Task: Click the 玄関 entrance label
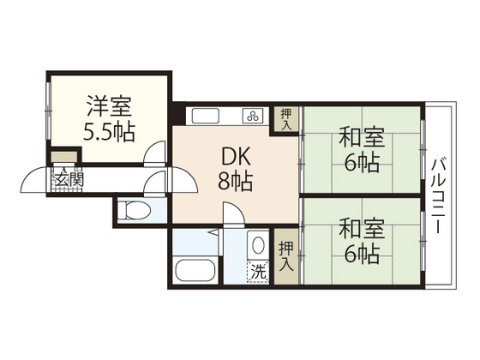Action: pos(69,179)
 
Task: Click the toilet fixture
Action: pos(135,209)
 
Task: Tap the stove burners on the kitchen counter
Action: pos(253,117)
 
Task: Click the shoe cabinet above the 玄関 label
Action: pos(62,158)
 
